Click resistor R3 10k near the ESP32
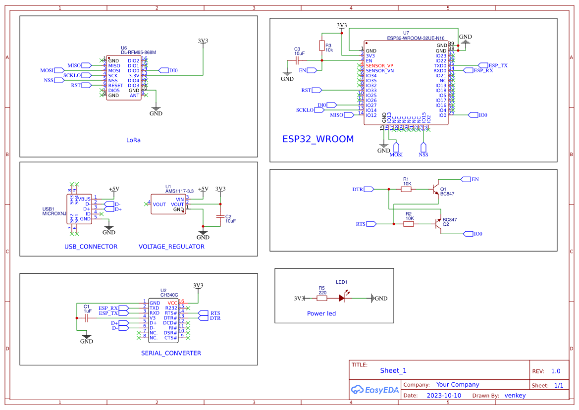(x=322, y=46)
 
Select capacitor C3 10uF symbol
(x=297, y=60)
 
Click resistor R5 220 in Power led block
(x=322, y=298)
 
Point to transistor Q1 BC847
(x=434, y=189)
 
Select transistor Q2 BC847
(x=437, y=224)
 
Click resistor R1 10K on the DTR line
(x=406, y=189)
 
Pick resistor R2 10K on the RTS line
(x=409, y=224)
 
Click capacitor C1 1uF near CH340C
(x=87, y=318)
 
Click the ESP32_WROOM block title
(x=318, y=139)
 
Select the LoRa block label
(x=133, y=140)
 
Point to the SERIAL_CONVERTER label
(x=171, y=353)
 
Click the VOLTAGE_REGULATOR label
(x=171, y=247)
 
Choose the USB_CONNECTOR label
(x=91, y=247)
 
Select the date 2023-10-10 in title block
(x=443, y=396)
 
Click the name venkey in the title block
(x=515, y=396)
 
